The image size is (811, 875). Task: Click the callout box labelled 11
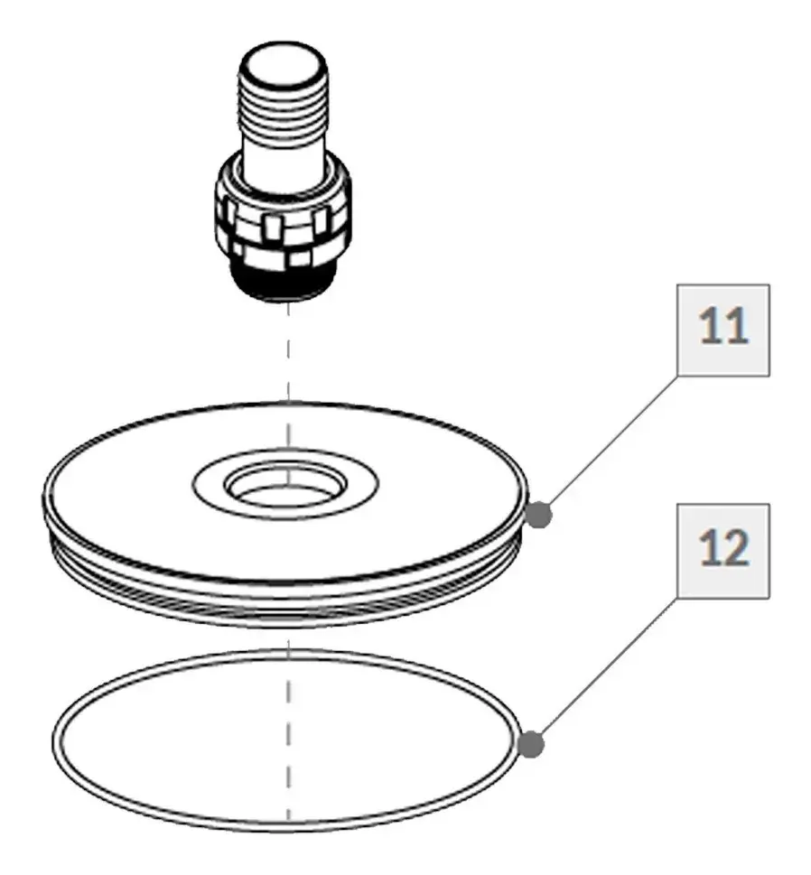pos(722,330)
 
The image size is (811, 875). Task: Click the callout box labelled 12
pos(722,550)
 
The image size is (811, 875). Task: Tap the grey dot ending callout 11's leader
pos(539,514)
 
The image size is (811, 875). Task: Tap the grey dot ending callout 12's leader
pos(531,744)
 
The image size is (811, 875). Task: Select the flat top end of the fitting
pos(283,61)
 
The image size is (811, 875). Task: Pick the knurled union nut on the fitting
pos(283,228)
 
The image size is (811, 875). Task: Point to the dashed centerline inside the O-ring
pos(288,737)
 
